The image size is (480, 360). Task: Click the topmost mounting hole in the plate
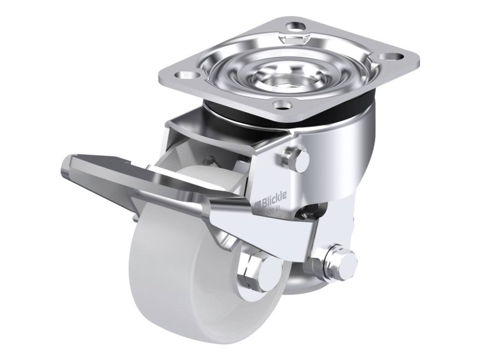[296, 27]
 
